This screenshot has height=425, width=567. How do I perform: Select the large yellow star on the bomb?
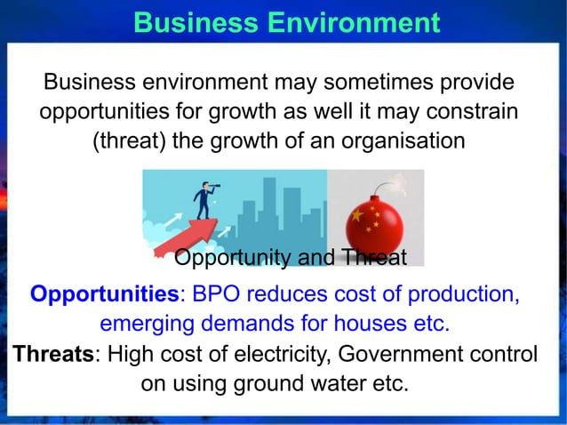(x=357, y=216)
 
